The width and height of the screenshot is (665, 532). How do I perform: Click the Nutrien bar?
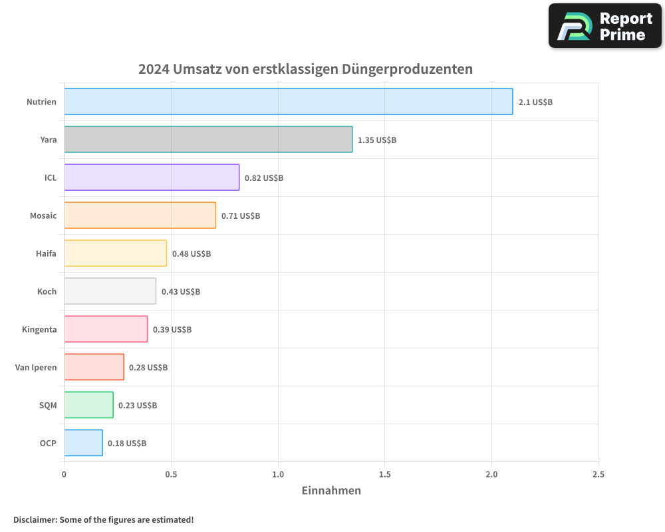[x=288, y=102]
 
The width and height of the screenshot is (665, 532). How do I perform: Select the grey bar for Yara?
[x=208, y=140]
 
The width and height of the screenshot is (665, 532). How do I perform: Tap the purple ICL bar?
[x=152, y=178]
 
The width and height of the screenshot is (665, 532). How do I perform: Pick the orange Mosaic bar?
[x=140, y=215]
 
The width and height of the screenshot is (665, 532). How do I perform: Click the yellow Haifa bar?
[x=115, y=253]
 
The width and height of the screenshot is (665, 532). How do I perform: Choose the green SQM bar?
[x=88, y=405]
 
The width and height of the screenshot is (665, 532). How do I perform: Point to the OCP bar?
[x=83, y=443]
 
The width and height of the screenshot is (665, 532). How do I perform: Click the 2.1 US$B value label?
[x=535, y=102]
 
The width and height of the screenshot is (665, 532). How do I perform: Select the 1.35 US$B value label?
[x=377, y=140]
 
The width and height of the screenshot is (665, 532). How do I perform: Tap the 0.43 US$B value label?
[x=181, y=292]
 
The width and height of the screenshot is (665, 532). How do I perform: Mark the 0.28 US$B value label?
[x=148, y=368]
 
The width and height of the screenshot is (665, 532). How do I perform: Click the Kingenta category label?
[x=39, y=329]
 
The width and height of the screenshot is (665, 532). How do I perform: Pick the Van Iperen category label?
[x=36, y=367]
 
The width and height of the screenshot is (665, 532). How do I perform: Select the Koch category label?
[x=47, y=291]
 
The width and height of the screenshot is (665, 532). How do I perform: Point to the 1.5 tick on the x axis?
[x=385, y=475]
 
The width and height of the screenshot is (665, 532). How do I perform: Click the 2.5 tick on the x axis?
[x=598, y=475]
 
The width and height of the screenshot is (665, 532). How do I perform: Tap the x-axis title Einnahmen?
[x=331, y=491]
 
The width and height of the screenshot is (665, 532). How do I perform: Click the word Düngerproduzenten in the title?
[x=407, y=69]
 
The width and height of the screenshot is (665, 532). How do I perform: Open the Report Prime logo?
[x=605, y=26]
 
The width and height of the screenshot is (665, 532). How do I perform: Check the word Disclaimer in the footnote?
[x=35, y=519]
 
